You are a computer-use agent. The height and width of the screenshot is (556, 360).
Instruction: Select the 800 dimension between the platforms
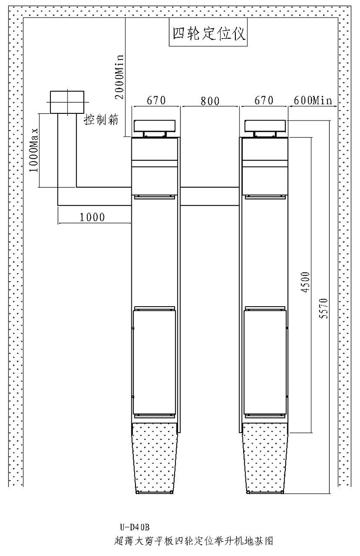(x=210, y=101)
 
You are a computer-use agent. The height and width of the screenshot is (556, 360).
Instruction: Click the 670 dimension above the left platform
(x=155, y=100)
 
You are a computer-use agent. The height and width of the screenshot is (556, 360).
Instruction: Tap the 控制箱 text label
(x=101, y=120)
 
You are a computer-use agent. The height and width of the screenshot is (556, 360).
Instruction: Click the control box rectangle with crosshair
(x=67, y=102)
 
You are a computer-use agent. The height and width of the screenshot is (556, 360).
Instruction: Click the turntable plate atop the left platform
(x=154, y=126)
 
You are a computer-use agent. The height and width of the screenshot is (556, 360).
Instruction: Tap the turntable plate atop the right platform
(x=265, y=126)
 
